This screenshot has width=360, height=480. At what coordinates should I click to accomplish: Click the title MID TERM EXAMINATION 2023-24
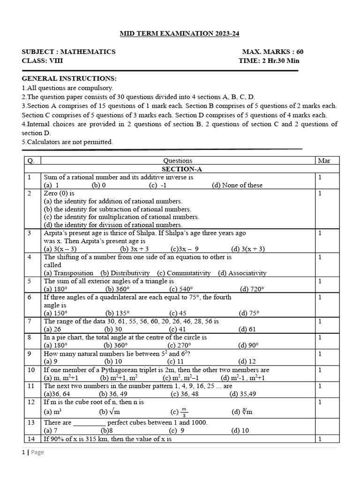[x=180, y=34]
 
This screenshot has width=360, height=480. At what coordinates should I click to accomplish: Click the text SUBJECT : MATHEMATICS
[x=68, y=52]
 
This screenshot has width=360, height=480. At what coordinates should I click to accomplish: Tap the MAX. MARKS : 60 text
[x=276, y=52]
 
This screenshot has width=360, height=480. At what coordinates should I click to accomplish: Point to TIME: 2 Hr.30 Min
[x=269, y=60]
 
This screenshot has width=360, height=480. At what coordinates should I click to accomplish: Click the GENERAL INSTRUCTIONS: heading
[x=69, y=78]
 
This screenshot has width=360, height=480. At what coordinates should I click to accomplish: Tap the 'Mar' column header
[x=324, y=161]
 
